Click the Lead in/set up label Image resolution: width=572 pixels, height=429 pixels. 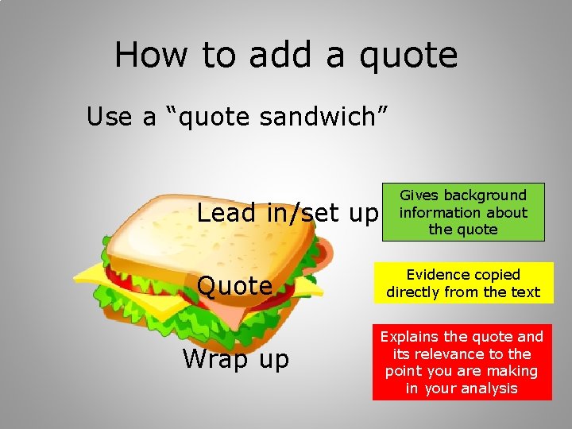288,213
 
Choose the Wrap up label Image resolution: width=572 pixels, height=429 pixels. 236,359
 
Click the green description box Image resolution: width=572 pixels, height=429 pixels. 463,212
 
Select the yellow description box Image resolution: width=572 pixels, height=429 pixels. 463,284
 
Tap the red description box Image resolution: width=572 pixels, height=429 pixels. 462,362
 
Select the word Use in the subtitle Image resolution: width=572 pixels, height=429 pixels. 110,117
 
